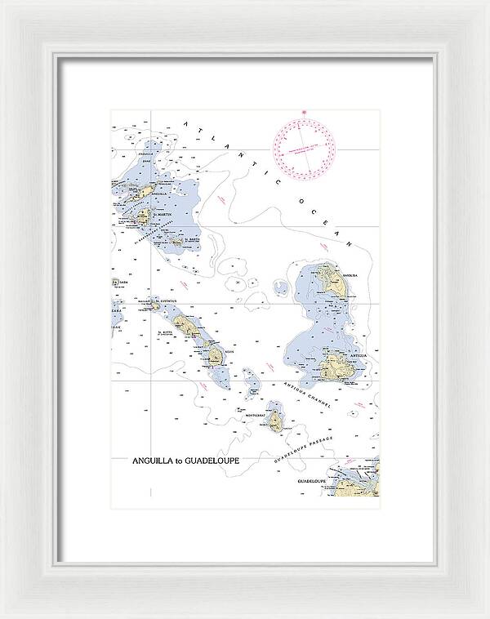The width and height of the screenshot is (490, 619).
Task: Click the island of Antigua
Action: point(336,367)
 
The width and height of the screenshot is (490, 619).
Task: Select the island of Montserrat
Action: point(276,421)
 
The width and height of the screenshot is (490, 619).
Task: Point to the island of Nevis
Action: point(216,355)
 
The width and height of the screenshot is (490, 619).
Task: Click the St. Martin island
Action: point(143,216)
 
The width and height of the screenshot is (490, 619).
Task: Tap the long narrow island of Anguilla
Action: point(145,192)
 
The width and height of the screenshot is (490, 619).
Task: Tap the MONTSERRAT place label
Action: point(256,416)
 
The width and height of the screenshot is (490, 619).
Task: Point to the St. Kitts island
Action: point(189,327)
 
